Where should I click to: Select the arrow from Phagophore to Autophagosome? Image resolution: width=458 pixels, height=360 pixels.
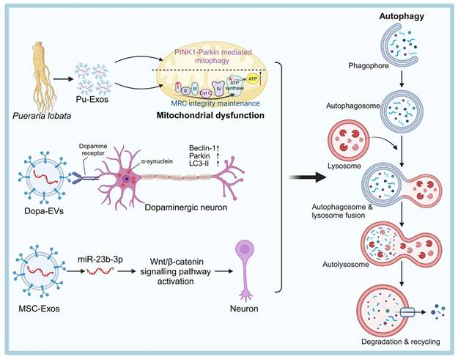[x=398, y=75]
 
